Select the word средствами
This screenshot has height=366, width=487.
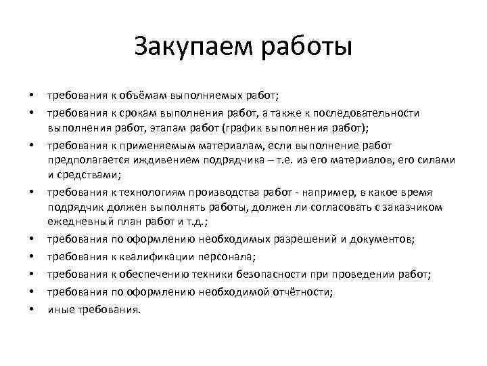pos(86,176)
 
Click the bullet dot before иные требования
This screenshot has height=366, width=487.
pos(31,310)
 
